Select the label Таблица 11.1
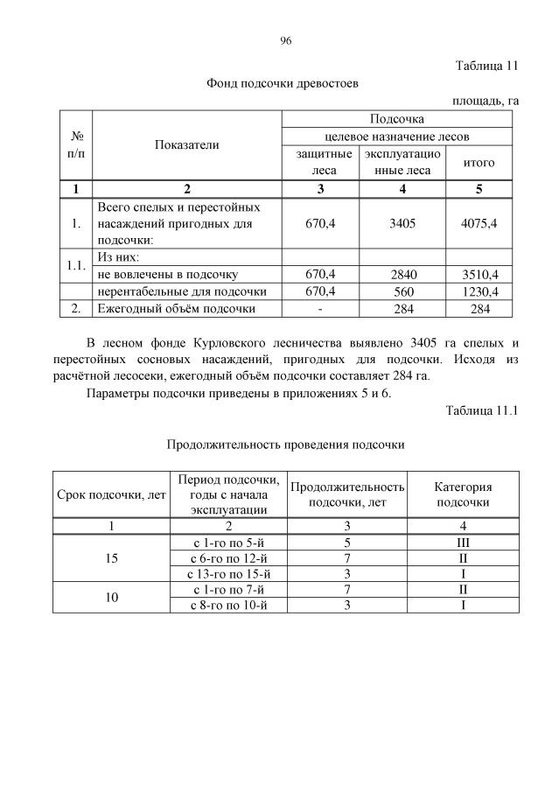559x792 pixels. tap(482, 410)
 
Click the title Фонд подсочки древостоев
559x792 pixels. tap(282, 83)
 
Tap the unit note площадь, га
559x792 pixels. tap(486, 101)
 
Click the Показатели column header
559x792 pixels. tap(186, 145)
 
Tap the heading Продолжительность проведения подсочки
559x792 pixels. tap(285, 445)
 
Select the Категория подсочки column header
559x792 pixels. tap(463, 494)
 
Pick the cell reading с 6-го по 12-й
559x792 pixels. tap(229, 557)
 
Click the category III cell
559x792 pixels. tap(463, 542)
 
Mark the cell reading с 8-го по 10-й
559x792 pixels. tap(229, 605)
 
